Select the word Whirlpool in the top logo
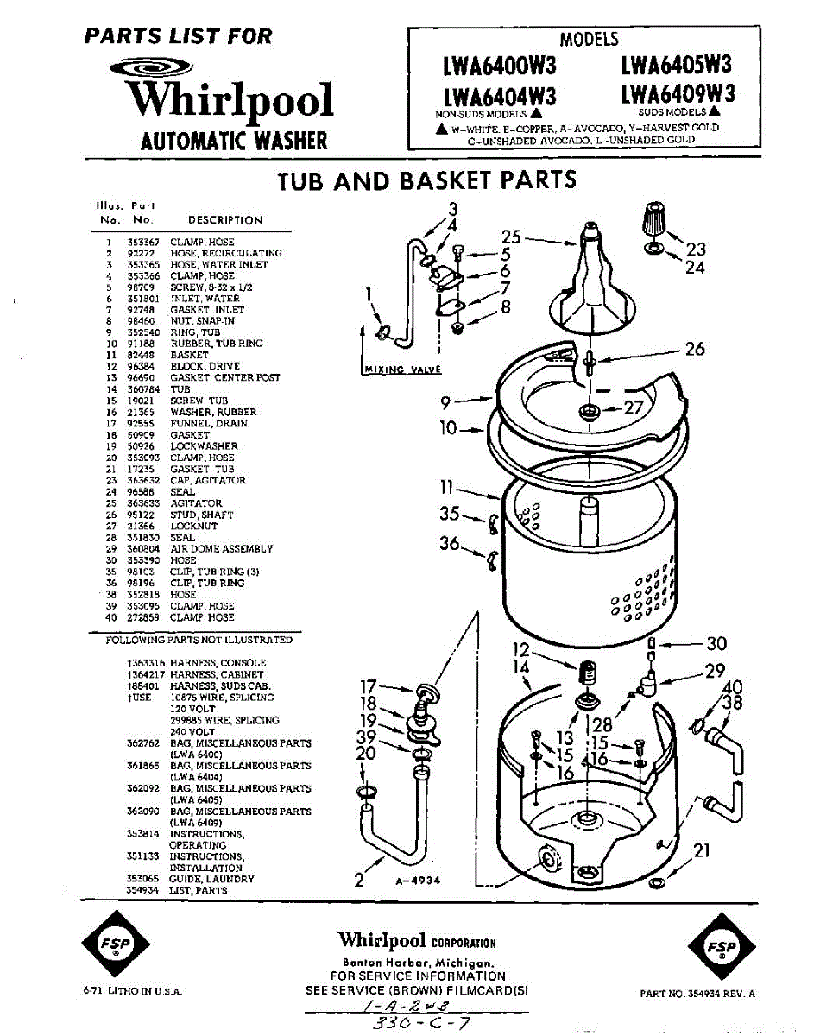point(230,99)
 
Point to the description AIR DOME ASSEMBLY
point(221,549)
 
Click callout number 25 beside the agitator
point(512,237)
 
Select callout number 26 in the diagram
point(695,349)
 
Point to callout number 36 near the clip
point(450,543)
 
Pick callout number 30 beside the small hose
point(716,643)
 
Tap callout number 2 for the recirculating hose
point(359,881)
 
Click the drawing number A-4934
point(419,881)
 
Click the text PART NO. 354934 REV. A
point(697,994)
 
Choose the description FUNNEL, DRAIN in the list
point(208,424)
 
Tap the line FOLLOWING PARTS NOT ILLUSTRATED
point(199,641)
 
